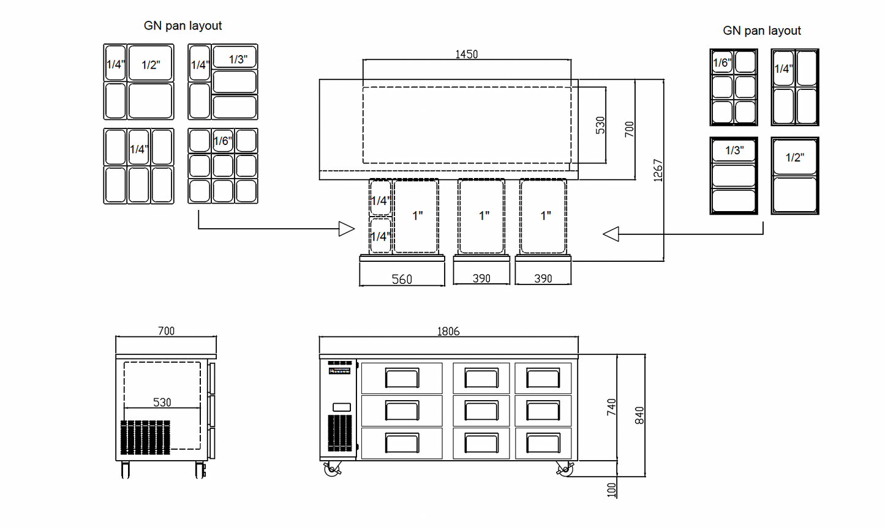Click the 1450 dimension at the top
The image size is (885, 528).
click(467, 54)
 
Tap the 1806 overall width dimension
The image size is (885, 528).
click(448, 332)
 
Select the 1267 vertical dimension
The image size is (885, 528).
click(658, 170)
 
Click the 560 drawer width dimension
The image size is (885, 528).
click(402, 280)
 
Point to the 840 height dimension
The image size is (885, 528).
click(639, 415)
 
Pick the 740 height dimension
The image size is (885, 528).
click(612, 407)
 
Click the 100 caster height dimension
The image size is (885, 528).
click(612, 490)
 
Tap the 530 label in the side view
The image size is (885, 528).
click(162, 403)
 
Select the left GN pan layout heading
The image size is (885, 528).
click(183, 26)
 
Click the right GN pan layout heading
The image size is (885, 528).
click(762, 31)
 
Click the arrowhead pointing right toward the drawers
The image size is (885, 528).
click(347, 229)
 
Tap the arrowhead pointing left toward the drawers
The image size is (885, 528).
click(611, 234)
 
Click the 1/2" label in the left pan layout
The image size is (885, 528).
click(151, 65)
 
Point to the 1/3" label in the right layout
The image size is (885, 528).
click(734, 151)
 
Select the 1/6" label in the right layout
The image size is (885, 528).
click(722, 63)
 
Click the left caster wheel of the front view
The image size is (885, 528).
click(332, 469)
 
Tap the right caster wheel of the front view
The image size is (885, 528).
click(565, 469)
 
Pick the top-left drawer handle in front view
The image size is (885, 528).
click(402, 378)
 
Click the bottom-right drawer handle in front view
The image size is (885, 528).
click(543, 444)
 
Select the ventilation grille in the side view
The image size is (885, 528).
click(145, 437)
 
